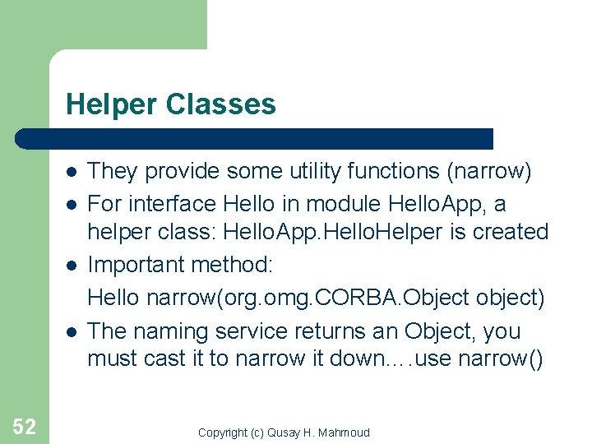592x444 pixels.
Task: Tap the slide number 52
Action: (x=24, y=426)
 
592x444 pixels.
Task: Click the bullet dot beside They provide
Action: (x=72, y=172)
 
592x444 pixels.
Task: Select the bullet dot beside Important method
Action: (x=72, y=266)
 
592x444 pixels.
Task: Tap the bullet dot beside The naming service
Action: (x=72, y=331)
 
